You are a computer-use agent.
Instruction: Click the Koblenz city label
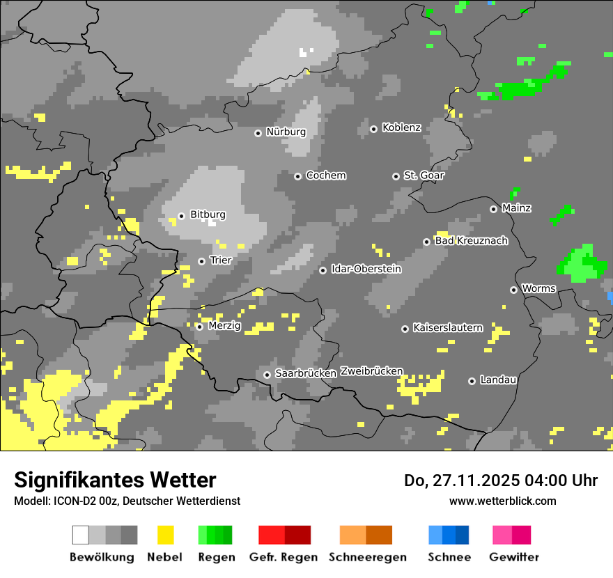(401, 128)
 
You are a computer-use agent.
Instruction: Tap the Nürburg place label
(286, 132)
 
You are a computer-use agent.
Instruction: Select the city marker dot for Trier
(201, 261)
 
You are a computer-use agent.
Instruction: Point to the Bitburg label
(208, 215)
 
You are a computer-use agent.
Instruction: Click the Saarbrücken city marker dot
(267, 375)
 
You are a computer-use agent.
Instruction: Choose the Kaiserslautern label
(447, 328)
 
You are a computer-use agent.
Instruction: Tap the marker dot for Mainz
(493, 209)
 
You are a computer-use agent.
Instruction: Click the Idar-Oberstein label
(366, 270)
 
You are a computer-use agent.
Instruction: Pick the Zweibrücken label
(371, 372)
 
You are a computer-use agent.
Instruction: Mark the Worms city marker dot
(513, 290)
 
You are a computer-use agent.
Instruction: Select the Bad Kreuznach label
(471, 241)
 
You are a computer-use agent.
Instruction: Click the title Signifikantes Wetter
(115, 480)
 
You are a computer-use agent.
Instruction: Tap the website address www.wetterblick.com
(502, 501)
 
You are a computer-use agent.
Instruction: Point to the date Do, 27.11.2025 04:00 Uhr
(500, 481)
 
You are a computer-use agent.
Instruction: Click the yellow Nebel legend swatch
(165, 535)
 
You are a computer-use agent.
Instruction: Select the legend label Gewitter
(513, 557)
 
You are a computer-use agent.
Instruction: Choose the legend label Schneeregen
(367, 557)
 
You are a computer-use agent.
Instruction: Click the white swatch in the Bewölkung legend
(81, 535)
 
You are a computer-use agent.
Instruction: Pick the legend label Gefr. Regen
(284, 557)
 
